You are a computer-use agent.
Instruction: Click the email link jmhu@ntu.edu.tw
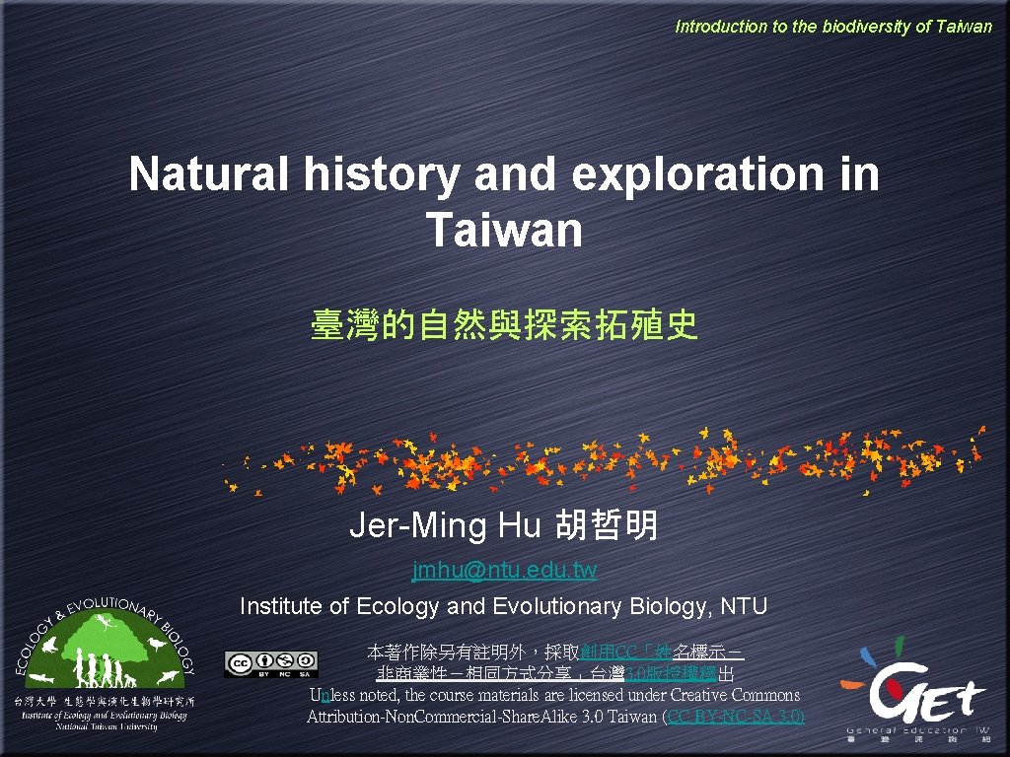click(x=504, y=570)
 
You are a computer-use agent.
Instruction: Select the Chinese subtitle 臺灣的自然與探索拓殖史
click(x=504, y=324)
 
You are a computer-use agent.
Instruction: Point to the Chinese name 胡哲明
click(x=606, y=526)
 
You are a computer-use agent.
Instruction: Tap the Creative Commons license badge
click(x=270, y=663)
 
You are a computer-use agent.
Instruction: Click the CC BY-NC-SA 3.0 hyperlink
click(x=735, y=716)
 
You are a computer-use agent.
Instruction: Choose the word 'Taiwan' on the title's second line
click(x=504, y=230)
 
